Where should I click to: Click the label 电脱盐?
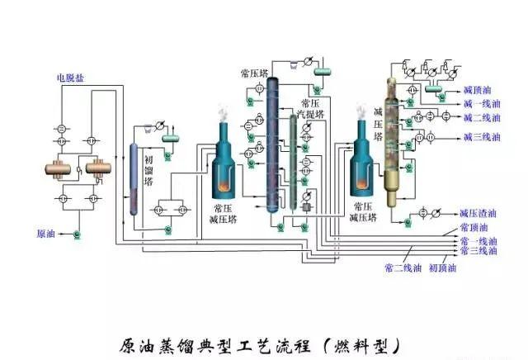pos(70,78)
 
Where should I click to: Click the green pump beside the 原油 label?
pos(76,235)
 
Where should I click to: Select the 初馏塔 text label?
pos(149,172)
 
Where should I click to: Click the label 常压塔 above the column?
pos(253,73)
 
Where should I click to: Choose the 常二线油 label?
pos(403,268)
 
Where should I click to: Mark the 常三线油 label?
pos(479,250)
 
